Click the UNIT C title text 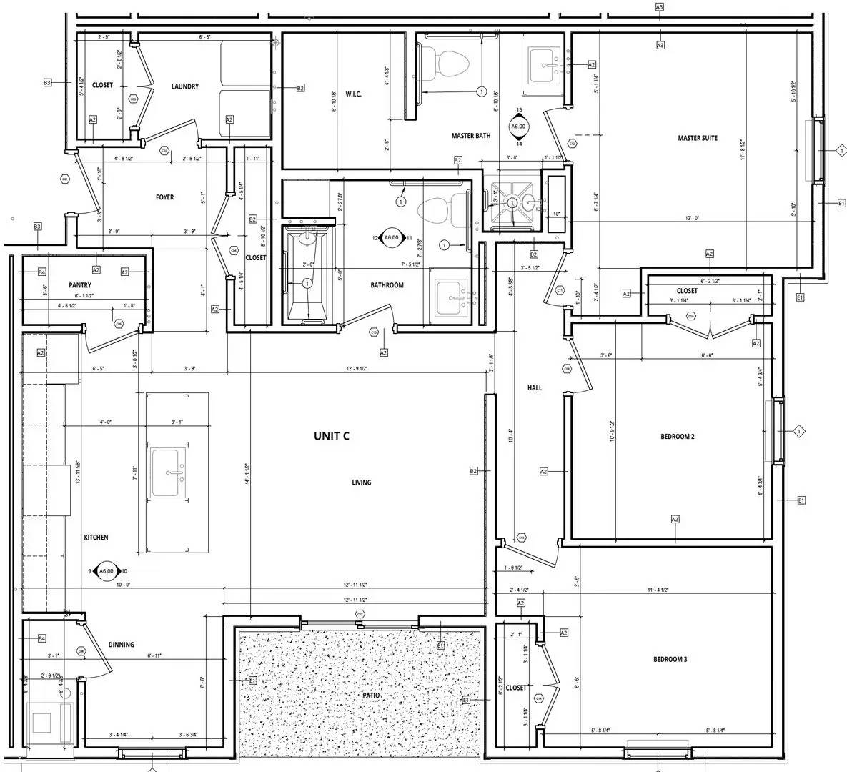click(331, 435)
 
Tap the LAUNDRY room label click(184, 86)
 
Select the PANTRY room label click(80, 285)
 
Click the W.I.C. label click(354, 94)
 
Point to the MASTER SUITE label click(697, 138)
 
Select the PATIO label click(370, 696)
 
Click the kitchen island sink click(169, 471)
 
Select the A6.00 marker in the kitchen click(106, 571)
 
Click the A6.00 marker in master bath click(518, 127)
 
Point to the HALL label click(534, 388)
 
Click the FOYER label click(164, 197)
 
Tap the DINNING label click(121, 644)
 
